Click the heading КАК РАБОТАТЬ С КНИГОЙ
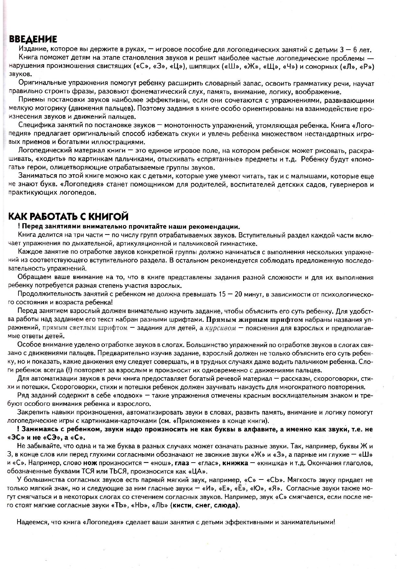coord(68,216)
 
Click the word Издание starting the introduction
coord(32,50)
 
